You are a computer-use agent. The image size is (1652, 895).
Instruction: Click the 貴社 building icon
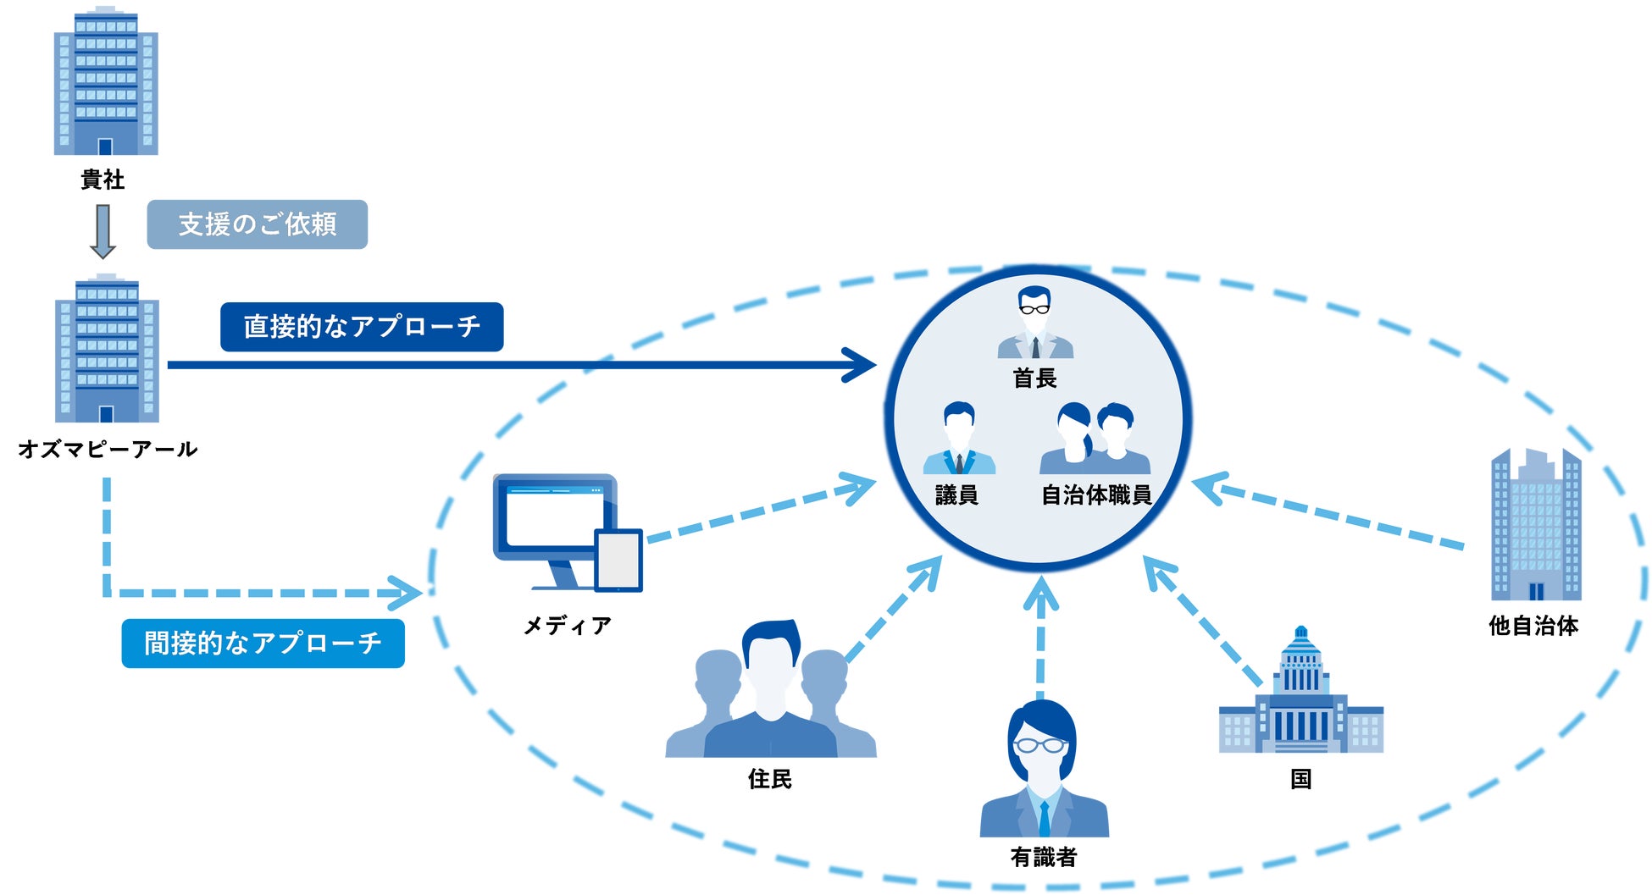point(106,82)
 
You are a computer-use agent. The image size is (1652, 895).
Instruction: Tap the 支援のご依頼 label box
point(257,224)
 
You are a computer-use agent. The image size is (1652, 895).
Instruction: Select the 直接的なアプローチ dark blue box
point(362,327)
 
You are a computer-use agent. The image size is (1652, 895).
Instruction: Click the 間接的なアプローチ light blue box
point(263,644)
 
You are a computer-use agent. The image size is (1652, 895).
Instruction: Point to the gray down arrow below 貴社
point(103,231)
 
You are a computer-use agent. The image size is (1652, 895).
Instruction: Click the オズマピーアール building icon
point(107,350)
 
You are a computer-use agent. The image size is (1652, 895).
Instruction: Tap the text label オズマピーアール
point(108,449)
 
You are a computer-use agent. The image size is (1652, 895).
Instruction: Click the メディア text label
point(567,626)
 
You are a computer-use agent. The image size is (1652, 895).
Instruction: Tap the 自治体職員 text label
point(1096,495)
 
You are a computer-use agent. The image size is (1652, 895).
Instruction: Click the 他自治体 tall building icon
point(1535,525)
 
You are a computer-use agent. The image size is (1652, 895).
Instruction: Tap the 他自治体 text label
point(1533,626)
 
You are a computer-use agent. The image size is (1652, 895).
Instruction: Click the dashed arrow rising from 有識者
point(1040,635)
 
